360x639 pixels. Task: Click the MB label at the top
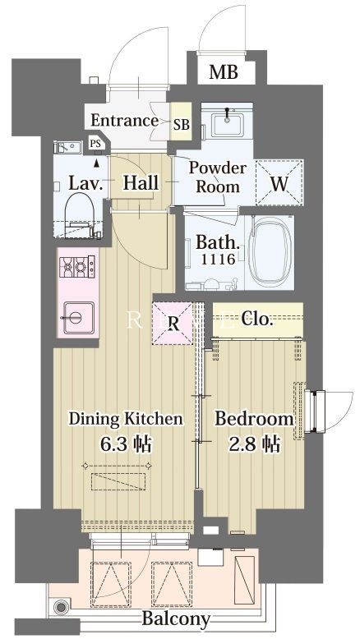(223, 73)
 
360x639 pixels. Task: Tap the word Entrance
(124, 121)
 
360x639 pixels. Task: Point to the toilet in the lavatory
(79, 211)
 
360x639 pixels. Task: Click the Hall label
(141, 183)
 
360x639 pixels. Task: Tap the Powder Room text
(219, 177)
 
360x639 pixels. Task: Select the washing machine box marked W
(279, 182)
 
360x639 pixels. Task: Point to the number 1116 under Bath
(218, 259)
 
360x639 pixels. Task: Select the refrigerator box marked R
(173, 323)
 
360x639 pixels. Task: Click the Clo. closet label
(257, 319)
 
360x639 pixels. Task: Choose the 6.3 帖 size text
(126, 444)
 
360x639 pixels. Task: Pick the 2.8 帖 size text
(253, 444)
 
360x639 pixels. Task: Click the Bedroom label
(254, 419)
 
